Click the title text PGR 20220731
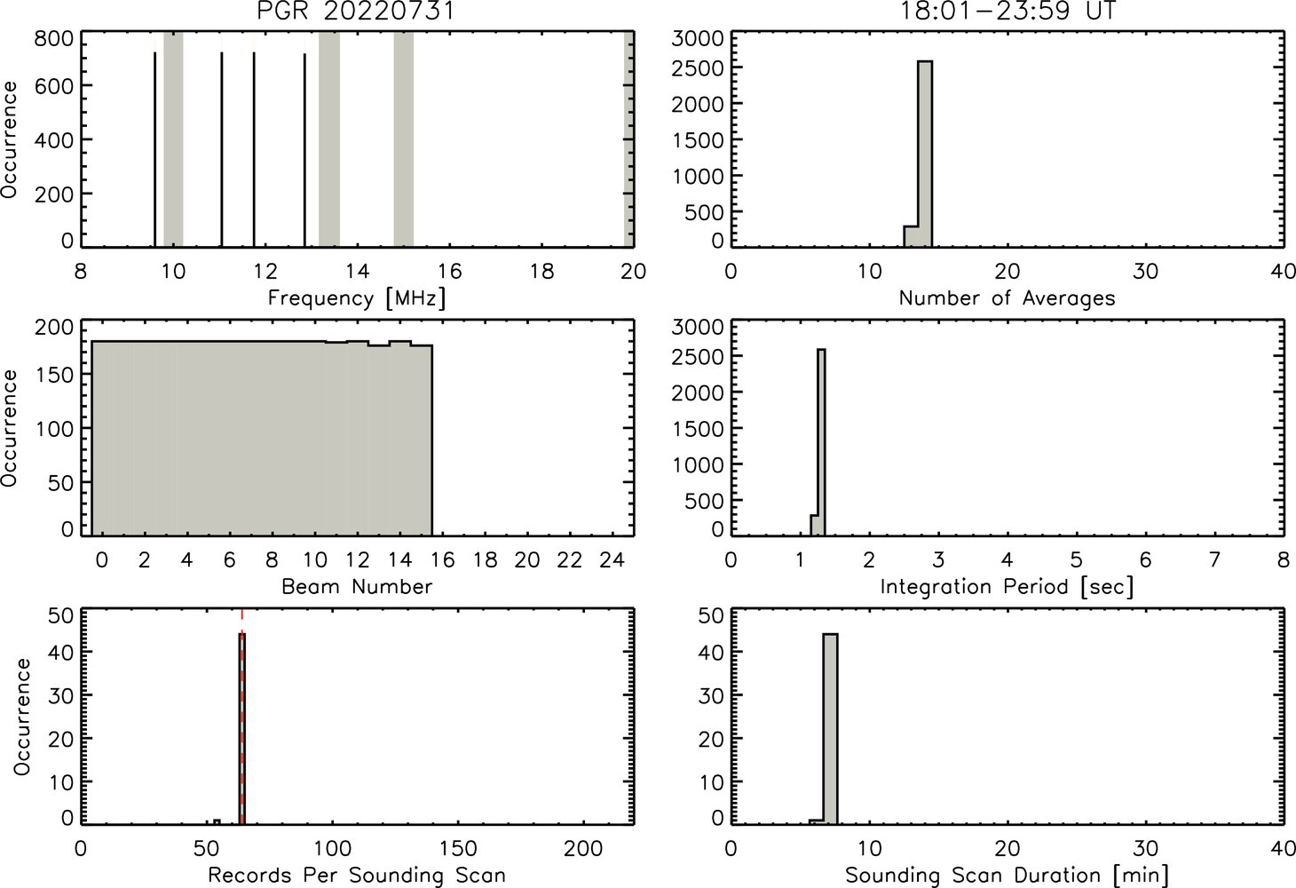pyautogui.click(x=357, y=11)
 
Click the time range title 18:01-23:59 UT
pyautogui.click(x=1008, y=11)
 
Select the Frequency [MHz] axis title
pyautogui.click(x=357, y=298)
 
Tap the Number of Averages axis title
pyautogui.click(x=1008, y=298)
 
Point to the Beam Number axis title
pyautogui.click(x=357, y=587)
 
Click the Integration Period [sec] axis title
pyautogui.click(x=1008, y=587)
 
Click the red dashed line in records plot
pyautogui.click(x=241, y=717)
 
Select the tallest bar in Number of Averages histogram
pyautogui.click(x=925, y=154)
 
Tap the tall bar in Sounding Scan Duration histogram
pyautogui.click(x=830, y=729)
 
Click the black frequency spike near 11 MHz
pyautogui.click(x=222, y=150)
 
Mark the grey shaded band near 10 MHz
pyautogui.click(x=174, y=139)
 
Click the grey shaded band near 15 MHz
pyautogui.click(x=404, y=139)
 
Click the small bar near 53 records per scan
pyautogui.click(x=217, y=821)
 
